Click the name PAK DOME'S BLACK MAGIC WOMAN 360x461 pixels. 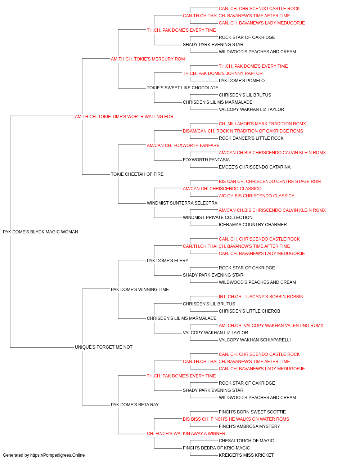pos(40,232)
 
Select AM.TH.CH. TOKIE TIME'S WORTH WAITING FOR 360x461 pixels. pos(124,117)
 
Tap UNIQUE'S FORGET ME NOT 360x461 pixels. pos(103,347)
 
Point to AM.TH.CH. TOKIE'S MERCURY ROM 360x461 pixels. pos(148,59)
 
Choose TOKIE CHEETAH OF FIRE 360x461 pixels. pos(137,174)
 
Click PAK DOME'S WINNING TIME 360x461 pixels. pos(140,289)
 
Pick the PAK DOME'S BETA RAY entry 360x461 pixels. pos(135,404)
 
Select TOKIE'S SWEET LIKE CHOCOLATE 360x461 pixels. pos(183,88)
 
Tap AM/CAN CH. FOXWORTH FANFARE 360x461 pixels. pos(183,145)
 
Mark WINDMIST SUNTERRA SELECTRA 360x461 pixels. pos(182,203)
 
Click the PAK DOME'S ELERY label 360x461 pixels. pos(167,260)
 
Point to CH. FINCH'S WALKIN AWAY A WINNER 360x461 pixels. pos(186,433)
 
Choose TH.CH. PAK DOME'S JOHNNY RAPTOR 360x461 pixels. pos(222,73)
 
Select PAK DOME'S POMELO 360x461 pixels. pos(242,81)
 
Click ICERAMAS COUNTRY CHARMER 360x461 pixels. pos(253,225)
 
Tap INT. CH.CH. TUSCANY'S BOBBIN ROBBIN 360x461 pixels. pos(261,296)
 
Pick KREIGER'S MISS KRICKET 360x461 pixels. pos(246,455)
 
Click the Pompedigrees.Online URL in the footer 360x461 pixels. pos(57,455)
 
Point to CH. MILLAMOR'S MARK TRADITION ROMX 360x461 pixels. pos(262,124)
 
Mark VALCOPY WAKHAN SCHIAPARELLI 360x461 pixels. pos(255,340)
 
